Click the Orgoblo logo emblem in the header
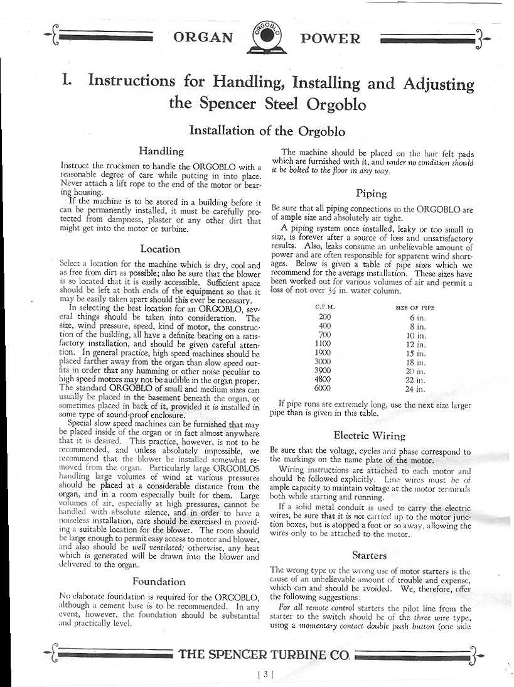268,38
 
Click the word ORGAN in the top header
204,38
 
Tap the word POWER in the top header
331,38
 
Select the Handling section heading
161,151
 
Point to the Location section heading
160,249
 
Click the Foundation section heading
159,581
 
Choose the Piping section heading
371,193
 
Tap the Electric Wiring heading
369,435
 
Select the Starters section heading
370,555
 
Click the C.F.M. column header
325,308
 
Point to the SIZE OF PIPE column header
415,308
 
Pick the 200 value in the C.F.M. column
325,318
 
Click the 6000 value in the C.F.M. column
325,389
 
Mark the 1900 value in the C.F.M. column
325,353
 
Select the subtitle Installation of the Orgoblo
267,131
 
